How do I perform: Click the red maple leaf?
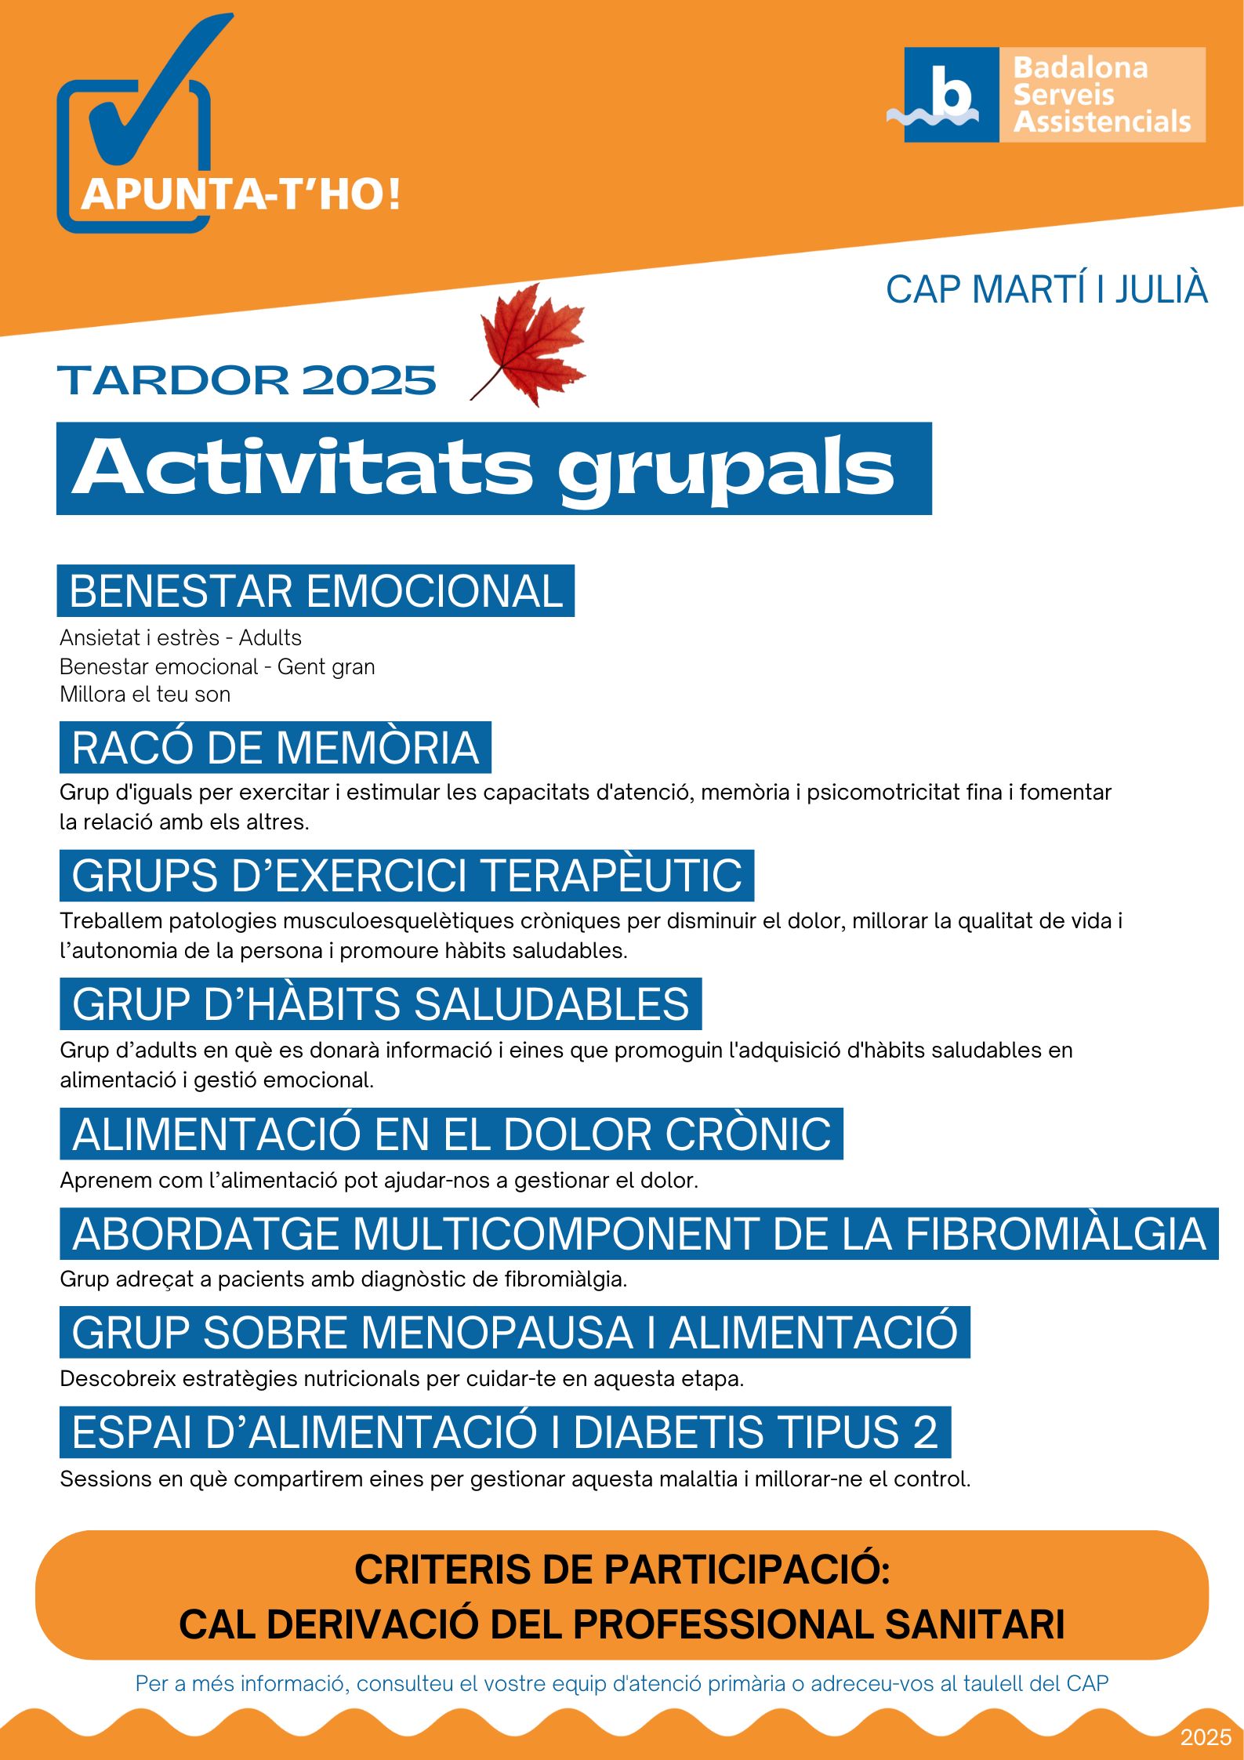pyautogui.click(x=531, y=345)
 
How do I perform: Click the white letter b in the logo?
pyautogui.click(x=951, y=93)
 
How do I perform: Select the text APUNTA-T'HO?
pyautogui.click(x=241, y=194)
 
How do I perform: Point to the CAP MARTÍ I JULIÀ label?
pyautogui.click(x=1046, y=289)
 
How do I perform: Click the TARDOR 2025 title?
pyautogui.click(x=246, y=380)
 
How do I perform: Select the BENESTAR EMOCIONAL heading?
pyautogui.click(x=315, y=591)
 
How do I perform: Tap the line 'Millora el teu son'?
pyautogui.click(x=145, y=695)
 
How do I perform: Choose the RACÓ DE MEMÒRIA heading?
pyautogui.click(x=275, y=747)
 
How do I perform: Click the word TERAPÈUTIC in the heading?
pyautogui.click(x=611, y=876)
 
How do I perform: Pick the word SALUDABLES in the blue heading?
pyautogui.click(x=551, y=1004)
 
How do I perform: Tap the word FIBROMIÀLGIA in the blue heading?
pyautogui.click(x=1055, y=1234)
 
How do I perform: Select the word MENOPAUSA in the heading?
pyautogui.click(x=497, y=1333)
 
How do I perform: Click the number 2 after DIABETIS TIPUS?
pyautogui.click(x=925, y=1432)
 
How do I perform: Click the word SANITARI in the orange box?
pyautogui.click(x=974, y=1624)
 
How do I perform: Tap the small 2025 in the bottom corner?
pyautogui.click(x=1206, y=1737)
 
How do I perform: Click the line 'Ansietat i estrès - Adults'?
pyautogui.click(x=180, y=638)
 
